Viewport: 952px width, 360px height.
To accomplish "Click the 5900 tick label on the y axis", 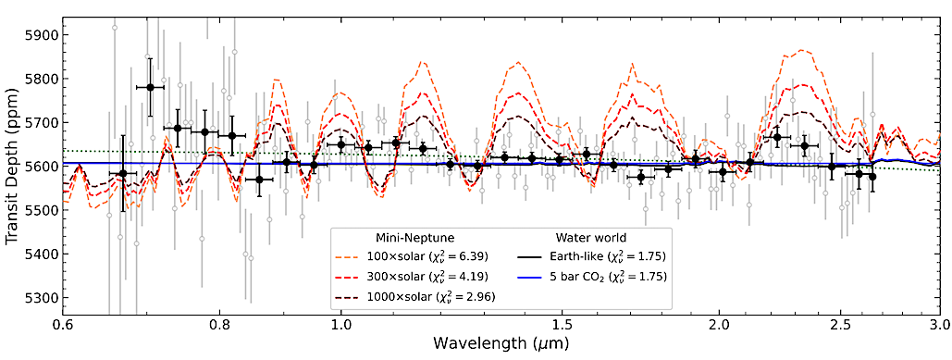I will pos(42,35).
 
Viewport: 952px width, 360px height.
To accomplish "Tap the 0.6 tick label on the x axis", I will pos(63,327).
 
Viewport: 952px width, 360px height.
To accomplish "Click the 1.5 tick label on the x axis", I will pos(561,327).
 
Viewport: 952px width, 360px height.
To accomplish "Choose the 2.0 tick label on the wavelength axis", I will pos(718,327).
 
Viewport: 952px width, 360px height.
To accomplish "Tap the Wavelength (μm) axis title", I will pos(501,345).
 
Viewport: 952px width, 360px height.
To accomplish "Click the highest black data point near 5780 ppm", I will pos(149,87).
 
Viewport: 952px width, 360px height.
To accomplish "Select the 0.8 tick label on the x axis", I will pos(219,327).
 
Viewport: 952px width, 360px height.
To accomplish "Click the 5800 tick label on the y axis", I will pos(42,79).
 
